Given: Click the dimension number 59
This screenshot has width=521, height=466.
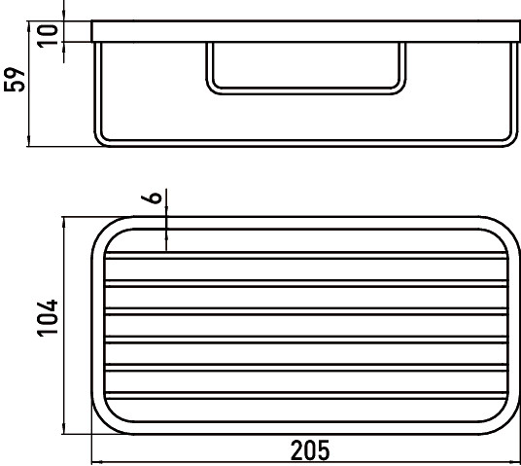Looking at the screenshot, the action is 15,80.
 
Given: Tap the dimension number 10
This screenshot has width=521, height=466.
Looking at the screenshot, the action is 48,36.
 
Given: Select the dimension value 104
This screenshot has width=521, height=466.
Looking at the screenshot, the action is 47,318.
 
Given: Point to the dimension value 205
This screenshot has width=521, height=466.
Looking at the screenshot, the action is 310,450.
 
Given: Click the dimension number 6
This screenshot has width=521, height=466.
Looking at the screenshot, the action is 152,197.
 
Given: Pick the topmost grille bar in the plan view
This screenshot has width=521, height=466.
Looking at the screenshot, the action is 306,256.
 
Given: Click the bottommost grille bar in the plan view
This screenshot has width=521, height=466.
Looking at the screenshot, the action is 306,395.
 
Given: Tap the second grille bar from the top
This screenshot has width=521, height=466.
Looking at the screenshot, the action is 306,283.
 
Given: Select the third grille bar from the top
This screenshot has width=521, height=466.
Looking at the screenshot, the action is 306,311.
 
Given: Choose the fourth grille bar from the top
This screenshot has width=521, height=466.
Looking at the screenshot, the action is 306,340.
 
